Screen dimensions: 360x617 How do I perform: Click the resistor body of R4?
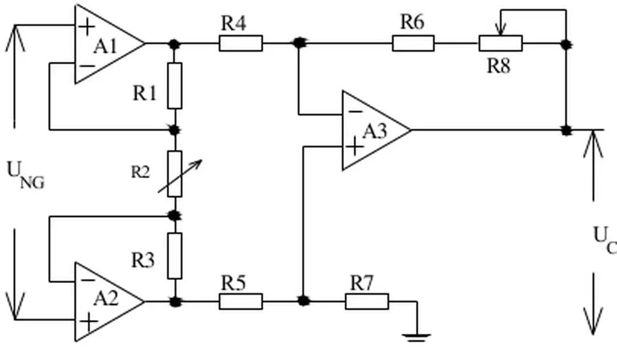(241, 43)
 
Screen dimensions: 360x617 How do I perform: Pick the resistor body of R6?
(412, 43)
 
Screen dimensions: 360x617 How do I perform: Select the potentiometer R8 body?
(500, 43)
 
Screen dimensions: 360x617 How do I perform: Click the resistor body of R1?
(175, 86)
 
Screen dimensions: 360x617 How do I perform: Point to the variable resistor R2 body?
(175, 174)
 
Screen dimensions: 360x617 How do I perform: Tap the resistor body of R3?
(175, 255)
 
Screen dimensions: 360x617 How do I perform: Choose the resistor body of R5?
(241, 301)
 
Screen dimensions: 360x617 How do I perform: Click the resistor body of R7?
(367, 301)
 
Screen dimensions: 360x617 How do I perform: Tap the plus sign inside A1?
(87, 26)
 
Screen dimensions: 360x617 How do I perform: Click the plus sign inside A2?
(89, 322)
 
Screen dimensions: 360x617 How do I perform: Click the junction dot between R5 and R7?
(303, 301)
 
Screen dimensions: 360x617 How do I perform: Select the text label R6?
(412, 22)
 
